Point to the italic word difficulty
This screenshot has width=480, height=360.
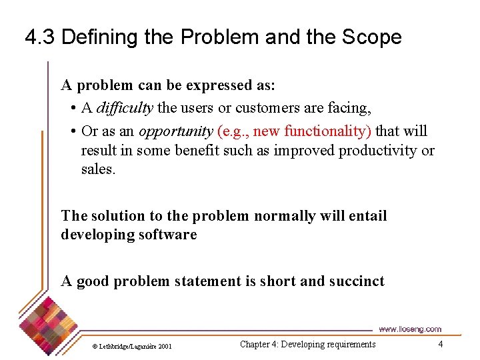(125, 107)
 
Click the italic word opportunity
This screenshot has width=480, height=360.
(176, 131)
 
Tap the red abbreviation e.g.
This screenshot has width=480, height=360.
(233, 131)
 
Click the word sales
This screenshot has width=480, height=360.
(98, 169)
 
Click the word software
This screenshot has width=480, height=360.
(167, 235)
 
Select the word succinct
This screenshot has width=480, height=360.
(356, 281)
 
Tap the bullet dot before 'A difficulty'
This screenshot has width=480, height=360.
(72, 108)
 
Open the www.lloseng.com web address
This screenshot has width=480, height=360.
(409, 329)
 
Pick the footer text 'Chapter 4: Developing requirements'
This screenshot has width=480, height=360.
(307, 344)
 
